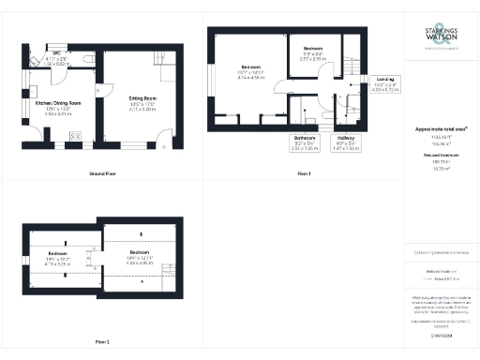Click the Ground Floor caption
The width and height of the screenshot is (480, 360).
tap(102, 174)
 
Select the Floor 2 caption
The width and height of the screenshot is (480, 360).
tap(102, 341)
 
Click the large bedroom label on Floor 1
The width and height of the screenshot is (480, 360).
tap(251, 71)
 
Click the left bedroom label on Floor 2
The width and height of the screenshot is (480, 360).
tap(59, 256)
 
